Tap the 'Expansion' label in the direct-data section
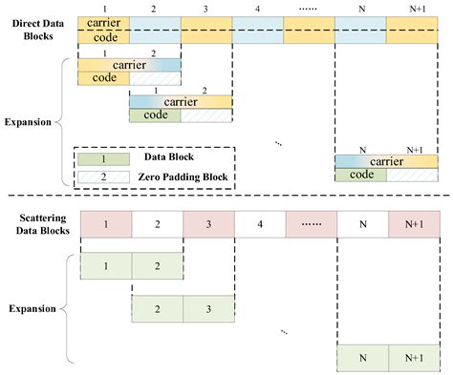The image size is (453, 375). click(x=30, y=122)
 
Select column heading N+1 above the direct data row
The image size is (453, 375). click(x=413, y=8)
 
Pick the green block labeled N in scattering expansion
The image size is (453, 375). click(x=361, y=360)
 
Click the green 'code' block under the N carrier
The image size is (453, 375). click(x=361, y=175)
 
